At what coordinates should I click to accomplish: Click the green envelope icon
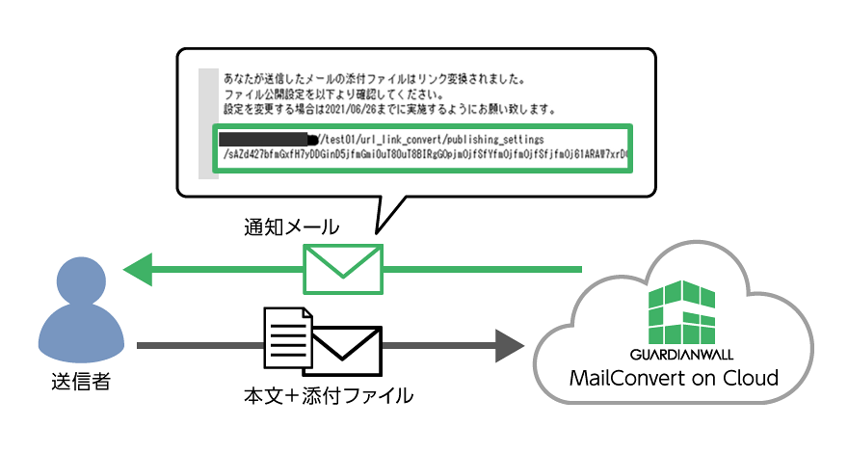343,267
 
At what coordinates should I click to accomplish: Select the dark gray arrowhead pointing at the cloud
508,344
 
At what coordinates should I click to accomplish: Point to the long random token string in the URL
424,154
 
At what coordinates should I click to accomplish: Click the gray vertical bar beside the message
206,122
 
